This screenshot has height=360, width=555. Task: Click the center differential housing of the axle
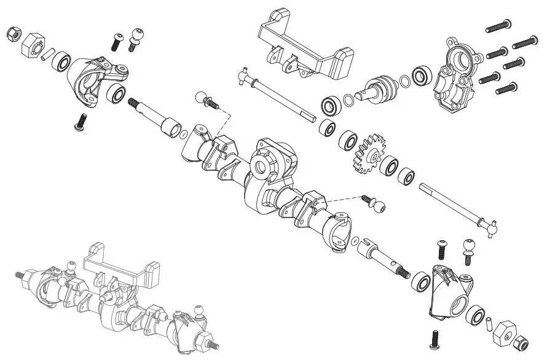tap(270, 172)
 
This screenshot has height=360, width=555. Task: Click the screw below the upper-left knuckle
tap(80, 121)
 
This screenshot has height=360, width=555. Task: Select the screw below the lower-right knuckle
tap(435, 337)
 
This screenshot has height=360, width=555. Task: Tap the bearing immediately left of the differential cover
tap(421, 76)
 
